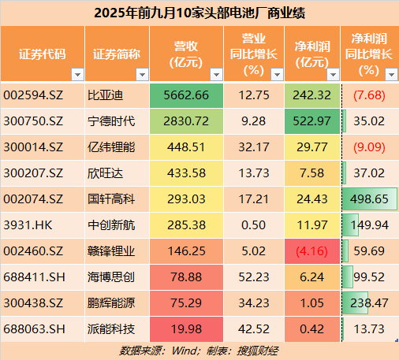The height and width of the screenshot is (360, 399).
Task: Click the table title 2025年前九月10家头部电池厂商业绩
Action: (x=199, y=13)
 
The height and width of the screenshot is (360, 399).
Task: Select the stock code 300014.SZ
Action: (x=35, y=147)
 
